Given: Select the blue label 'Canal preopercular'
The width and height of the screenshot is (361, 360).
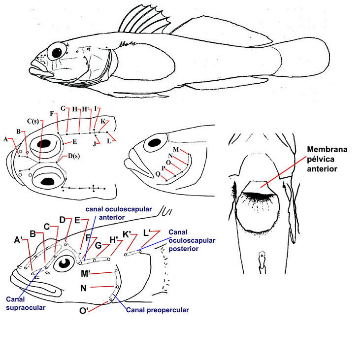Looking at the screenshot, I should [x=158, y=310].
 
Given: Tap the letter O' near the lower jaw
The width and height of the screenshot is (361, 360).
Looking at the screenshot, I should [x=85, y=311].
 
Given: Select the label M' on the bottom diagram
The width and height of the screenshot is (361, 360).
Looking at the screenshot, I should [x=85, y=273].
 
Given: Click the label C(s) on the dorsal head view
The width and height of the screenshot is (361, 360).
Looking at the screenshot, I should [x=33, y=121].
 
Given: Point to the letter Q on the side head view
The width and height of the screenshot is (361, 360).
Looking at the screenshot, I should [x=157, y=174].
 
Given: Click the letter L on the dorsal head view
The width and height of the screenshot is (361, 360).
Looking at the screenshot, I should [x=109, y=142].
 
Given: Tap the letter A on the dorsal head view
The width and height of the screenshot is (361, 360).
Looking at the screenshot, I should [x=6, y=140].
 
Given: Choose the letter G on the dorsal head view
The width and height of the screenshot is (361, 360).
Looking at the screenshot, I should [x=63, y=108].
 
